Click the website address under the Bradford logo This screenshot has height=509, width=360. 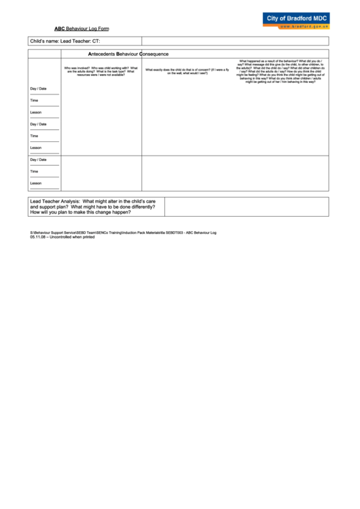pyautogui.click(x=305, y=27)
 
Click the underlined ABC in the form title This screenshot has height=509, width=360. pyautogui.click(x=60, y=29)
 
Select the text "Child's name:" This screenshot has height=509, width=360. pyautogui.click(x=45, y=41)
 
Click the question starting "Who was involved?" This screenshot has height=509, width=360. pyautogui.click(x=101, y=71)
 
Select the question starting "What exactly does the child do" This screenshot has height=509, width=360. pyautogui.click(x=187, y=71)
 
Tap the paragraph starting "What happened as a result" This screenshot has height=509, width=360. pyautogui.click(x=280, y=71)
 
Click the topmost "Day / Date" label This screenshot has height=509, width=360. pyautogui.click(x=38, y=89)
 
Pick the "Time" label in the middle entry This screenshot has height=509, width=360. pyautogui.click(x=34, y=136)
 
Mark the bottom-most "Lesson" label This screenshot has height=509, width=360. pyautogui.click(x=35, y=183)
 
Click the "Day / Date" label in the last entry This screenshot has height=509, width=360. pyautogui.click(x=38, y=160)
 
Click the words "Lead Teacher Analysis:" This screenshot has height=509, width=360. pyautogui.click(x=54, y=201)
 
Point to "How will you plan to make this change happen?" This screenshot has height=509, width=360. pyautogui.click(x=80, y=212)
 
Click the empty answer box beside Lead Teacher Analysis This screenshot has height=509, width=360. pyautogui.click(x=246, y=207)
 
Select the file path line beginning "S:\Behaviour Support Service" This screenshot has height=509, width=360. pyautogui.click(x=122, y=232)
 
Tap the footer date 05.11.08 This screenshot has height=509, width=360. pyautogui.click(x=37, y=237)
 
